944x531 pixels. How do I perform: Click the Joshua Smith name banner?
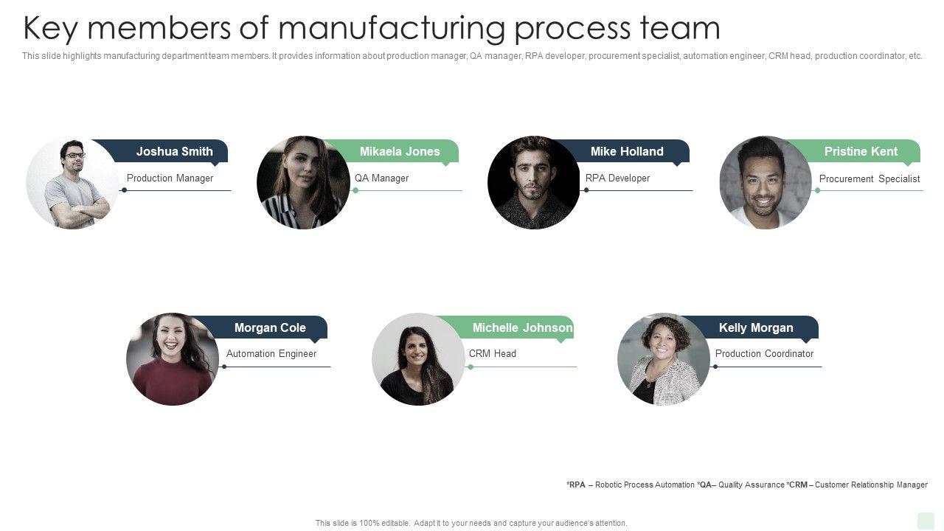pos(174,151)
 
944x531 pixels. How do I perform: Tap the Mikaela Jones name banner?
pos(400,151)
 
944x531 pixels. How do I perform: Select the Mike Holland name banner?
pos(627,151)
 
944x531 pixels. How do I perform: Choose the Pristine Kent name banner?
pos(861,151)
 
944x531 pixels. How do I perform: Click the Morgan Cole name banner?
pos(270,327)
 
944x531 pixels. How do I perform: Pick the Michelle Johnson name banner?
pos(522,327)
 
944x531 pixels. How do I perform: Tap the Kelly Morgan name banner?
pos(756,327)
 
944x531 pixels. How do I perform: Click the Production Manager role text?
pos(170,178)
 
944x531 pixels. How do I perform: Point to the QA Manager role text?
pos(381,178)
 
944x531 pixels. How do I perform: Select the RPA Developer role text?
pos(617,178)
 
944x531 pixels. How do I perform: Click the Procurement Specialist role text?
pos(870,178)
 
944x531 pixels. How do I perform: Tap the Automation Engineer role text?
pos(271,353)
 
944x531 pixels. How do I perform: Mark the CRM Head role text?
pos(493,353)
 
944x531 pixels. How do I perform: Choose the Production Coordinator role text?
pos(764,353)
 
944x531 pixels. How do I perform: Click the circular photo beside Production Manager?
pos(72,182)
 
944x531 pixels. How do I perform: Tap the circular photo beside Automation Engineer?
pos(173,359)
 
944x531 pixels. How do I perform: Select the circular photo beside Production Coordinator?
pos(664,359)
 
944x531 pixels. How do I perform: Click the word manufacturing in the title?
pos(392,28)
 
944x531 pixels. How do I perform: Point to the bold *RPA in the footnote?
pos(576,485)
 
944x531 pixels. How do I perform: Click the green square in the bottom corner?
pos(926,521)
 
